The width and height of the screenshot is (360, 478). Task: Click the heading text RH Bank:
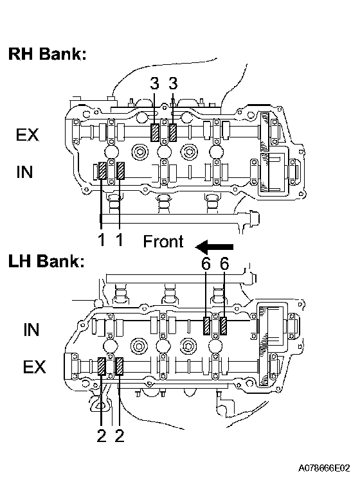click(x=48, y=54)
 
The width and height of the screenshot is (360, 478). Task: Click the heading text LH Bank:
click(x=46, y=261)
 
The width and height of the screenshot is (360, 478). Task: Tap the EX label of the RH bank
click(x=28, y=135)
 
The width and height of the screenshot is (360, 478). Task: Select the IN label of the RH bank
click(x=24, y=172)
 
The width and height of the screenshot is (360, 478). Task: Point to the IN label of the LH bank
click(x=32, y=330)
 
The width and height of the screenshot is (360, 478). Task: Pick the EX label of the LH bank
click(x=34, y=367)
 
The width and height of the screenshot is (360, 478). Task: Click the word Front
click(x=163, y=241)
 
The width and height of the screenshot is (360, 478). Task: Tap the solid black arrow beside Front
click(x=214, y=247)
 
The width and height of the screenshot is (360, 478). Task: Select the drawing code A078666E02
click(x=324, y=468)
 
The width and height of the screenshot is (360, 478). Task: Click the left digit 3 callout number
click(x=155, y=84)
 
